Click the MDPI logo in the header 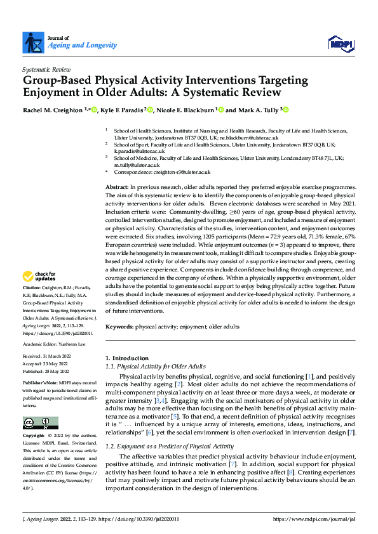[x=340, y=42]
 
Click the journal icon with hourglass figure [x=32, y=42]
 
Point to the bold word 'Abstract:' [x=117, y=188]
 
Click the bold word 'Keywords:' [x=119, y=327]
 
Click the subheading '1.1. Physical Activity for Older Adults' [x=155, y=367]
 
